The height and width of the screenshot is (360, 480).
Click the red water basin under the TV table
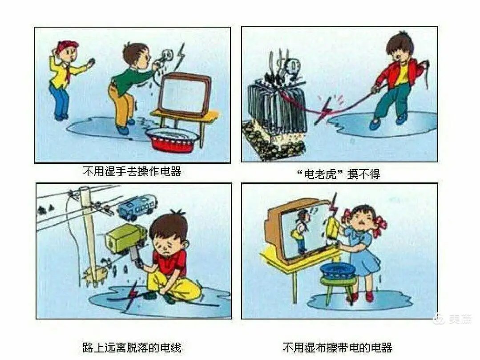(x=173, y=140)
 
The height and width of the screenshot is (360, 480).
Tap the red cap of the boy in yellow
(x=68, y=45)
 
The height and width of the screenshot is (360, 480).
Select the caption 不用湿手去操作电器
(x=132, y=171)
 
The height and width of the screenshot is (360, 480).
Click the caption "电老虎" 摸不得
(x=338, y=174)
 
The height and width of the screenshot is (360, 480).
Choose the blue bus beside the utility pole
(x=137, y=206)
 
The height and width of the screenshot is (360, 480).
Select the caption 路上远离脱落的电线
(x=132, y=348)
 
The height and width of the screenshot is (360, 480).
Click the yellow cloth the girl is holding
(x=332, y=228)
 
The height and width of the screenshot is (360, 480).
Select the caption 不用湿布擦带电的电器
(x=337, y=348)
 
